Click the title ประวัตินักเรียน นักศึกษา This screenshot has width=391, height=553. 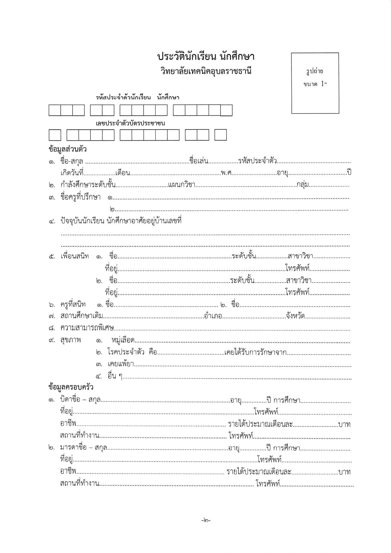pos(206,57)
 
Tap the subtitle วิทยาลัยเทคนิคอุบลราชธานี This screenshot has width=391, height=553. pos(206,71)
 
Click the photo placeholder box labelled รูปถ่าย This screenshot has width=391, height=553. pos(315,83)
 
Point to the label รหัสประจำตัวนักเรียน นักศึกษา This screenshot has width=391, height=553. pos(137,98)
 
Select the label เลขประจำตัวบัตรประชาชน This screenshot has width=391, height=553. pos(130,123)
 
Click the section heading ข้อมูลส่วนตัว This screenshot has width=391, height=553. pos(68,149)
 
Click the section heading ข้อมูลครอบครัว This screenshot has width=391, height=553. pos(71,387)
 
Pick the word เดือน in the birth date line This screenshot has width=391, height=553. pos(123,173)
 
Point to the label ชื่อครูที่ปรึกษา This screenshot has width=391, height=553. pos(81,197)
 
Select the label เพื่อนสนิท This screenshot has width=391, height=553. pos(75,256)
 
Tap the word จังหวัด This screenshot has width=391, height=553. pos(295,316)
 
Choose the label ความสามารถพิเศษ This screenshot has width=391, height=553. pos(87,328)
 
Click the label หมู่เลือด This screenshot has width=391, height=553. pos(123,340)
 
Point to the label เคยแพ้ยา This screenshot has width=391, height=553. pos(120,364)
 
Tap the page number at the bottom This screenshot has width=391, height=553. pos(206,520)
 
